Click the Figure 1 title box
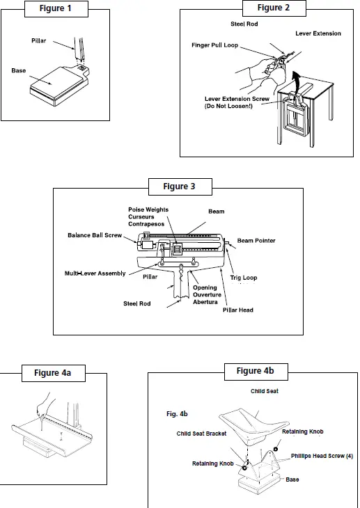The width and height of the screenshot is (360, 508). (56, 9)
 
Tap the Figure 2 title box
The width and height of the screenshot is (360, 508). (274, 8)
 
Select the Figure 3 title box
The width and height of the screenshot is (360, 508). (180, 186)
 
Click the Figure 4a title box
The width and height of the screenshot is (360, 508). (53, 373)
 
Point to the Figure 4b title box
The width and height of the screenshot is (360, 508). (256, 372)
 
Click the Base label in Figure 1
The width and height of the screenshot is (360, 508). (19, 70)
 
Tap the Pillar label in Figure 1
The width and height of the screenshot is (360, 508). (38, 41)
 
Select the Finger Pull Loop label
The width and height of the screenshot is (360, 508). (214, 45)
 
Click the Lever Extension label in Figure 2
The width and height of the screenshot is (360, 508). (318, 33)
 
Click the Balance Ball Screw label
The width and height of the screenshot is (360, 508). (95, 235)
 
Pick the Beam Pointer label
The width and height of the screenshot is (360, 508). (256, 240)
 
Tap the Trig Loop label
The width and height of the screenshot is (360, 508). (244, 278)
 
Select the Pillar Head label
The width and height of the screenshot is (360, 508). (237, 310)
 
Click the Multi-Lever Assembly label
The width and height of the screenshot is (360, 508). (95, 273)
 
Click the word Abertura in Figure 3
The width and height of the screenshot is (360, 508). (205, 302)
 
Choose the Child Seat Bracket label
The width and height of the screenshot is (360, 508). (201, 434)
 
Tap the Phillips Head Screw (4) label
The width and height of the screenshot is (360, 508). (322, 456)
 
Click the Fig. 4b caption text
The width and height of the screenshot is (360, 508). (177, 414)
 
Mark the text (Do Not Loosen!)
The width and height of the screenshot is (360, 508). (228, 106)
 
